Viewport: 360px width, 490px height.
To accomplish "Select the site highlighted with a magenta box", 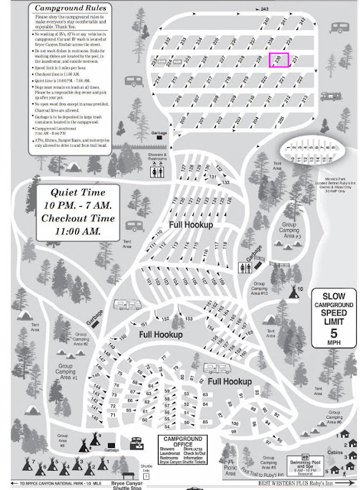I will (x=279, y=60).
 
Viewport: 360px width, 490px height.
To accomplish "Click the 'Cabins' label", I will (x=332, y=452).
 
